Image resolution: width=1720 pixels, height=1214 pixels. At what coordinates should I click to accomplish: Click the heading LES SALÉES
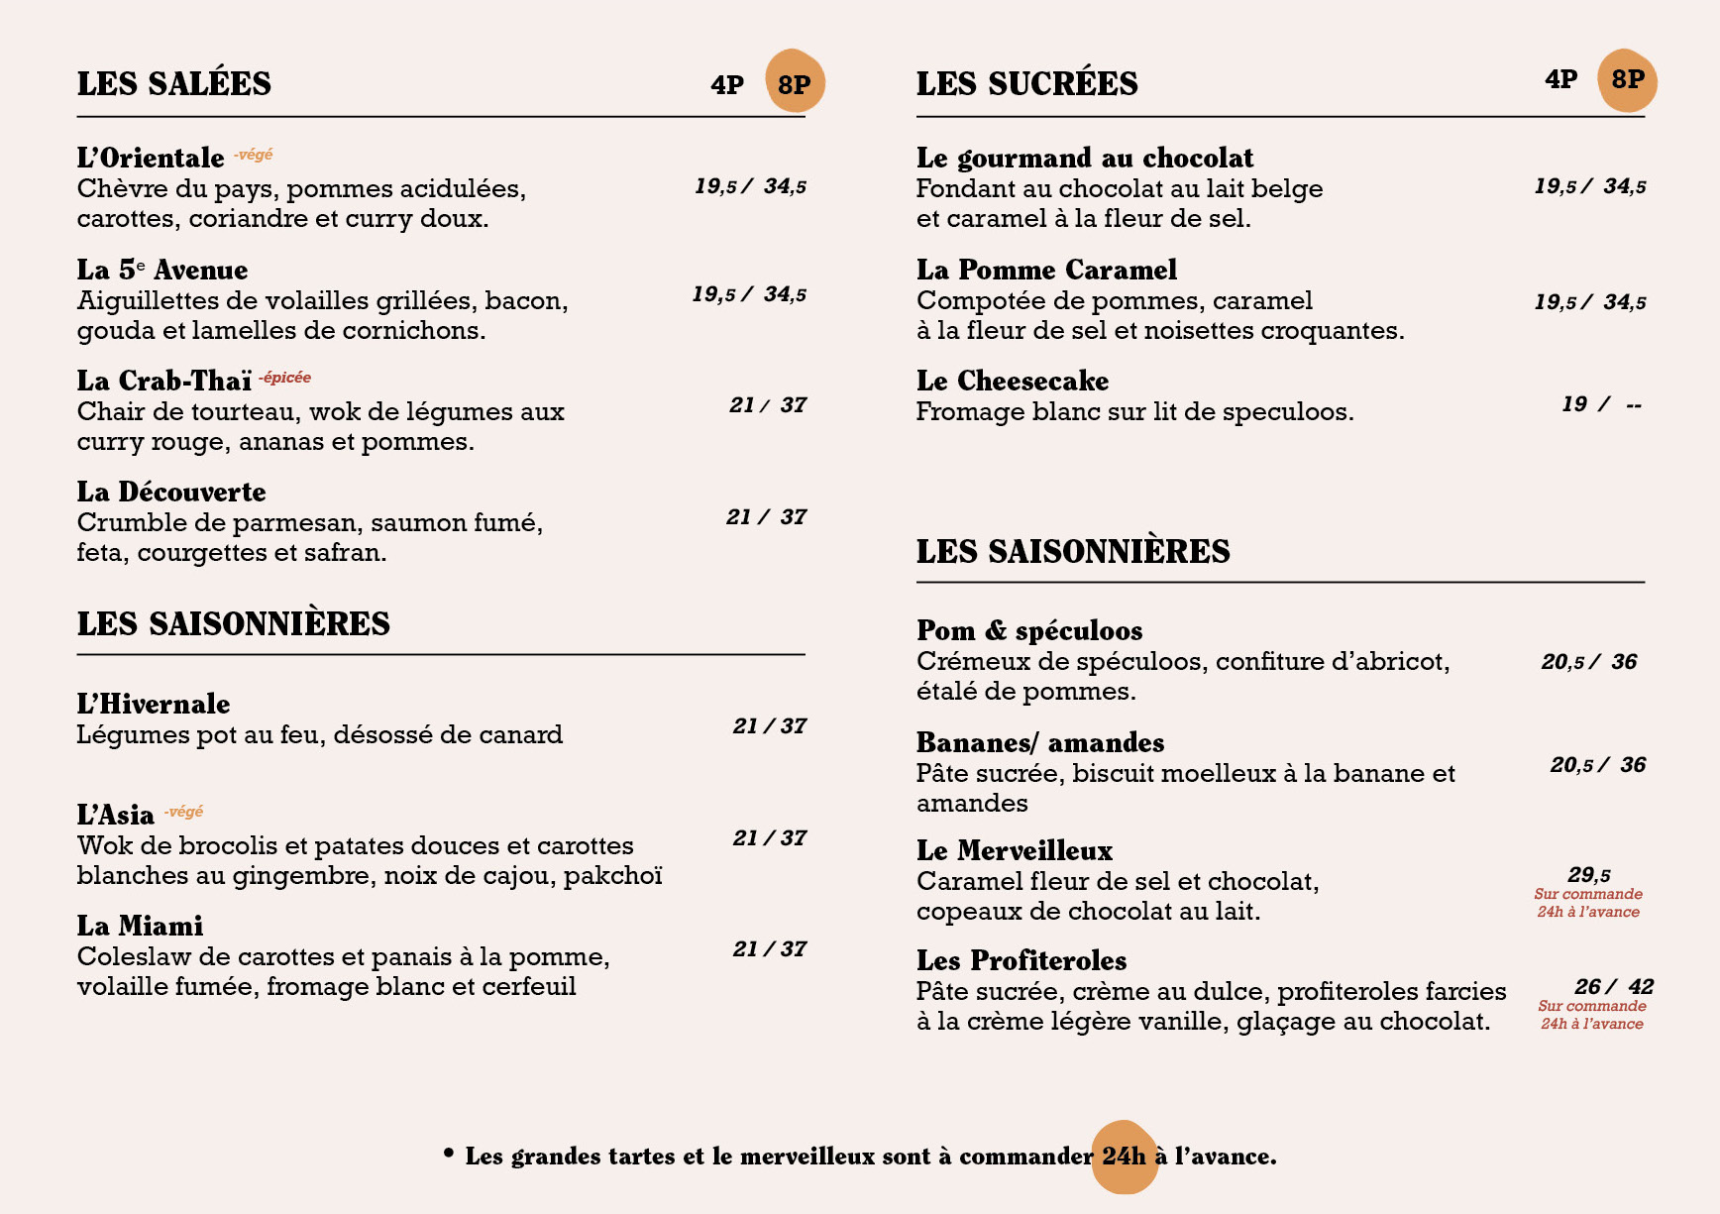[x=174, y=84]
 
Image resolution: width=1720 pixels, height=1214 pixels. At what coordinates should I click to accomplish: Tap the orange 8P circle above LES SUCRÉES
[x=1627, y=80]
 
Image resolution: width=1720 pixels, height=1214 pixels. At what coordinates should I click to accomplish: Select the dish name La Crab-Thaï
[x=164, y=382]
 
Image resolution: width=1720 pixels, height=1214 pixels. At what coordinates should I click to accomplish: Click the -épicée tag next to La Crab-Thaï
[x=285, y=378]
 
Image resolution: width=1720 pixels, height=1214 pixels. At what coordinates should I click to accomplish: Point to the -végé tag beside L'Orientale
[x=254, y=155]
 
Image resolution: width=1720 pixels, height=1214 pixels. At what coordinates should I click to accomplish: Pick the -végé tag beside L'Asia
[x=184, y=812]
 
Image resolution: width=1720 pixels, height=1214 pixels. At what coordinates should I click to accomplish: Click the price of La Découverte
[x=766, y=517]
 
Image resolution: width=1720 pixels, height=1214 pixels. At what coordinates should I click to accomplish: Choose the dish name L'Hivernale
[x=154, y=705]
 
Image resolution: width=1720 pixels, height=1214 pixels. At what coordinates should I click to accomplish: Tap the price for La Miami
[x=769, y=949]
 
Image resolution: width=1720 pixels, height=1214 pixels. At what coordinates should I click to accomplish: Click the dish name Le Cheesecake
[x=1012, y=382]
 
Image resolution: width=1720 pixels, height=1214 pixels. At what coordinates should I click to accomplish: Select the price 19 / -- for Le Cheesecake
[x=1600, y=404]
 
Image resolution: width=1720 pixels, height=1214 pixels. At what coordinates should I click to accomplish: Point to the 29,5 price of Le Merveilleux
[x=1588, y=875]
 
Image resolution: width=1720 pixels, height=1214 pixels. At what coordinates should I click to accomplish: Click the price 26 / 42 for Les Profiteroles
[x=1613, y=987]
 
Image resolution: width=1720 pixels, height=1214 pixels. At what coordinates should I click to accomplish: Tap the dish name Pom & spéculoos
[x=1029, y=631]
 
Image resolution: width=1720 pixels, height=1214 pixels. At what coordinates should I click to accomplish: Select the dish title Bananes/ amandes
[x=1039, y=743]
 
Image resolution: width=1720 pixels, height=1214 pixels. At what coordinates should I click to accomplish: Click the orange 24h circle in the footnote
[x=1125, y=1157]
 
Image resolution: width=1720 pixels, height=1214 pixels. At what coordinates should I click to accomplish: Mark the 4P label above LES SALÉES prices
[x=727, y=85]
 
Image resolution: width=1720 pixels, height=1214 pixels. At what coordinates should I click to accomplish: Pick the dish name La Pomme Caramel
[x=1046, y=271]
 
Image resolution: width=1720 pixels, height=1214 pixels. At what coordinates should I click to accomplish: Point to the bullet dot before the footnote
[x=449, y=1153]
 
